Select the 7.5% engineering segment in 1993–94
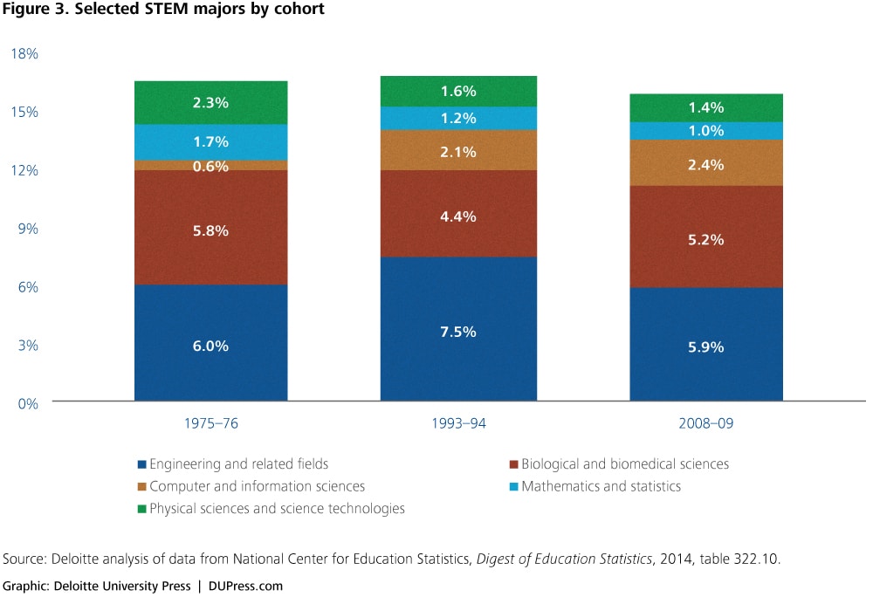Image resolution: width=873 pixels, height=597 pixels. click(458, 330)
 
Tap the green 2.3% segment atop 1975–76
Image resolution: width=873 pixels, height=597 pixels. click(210, 102)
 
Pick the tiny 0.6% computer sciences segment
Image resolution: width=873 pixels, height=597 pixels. click(210, 166)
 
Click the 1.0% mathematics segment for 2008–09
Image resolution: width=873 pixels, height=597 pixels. click(706, 131)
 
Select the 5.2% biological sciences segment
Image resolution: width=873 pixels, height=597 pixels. click(706, 237)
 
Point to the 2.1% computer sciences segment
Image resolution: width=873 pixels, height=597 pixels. click(458, 151)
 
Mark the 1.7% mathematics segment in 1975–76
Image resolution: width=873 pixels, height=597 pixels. click(210, 141)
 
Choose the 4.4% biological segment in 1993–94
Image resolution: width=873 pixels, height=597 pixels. click(458, 215)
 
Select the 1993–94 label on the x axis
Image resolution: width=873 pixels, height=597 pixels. click(458, 424)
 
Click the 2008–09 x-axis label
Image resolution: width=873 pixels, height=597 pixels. click(706, 424)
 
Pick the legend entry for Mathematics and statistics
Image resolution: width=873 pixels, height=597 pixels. click(601, 486)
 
